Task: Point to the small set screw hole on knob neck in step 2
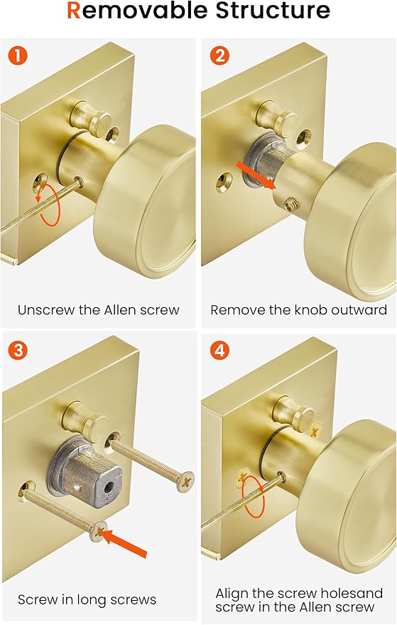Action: pyautogui.click(x=290, y=204)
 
